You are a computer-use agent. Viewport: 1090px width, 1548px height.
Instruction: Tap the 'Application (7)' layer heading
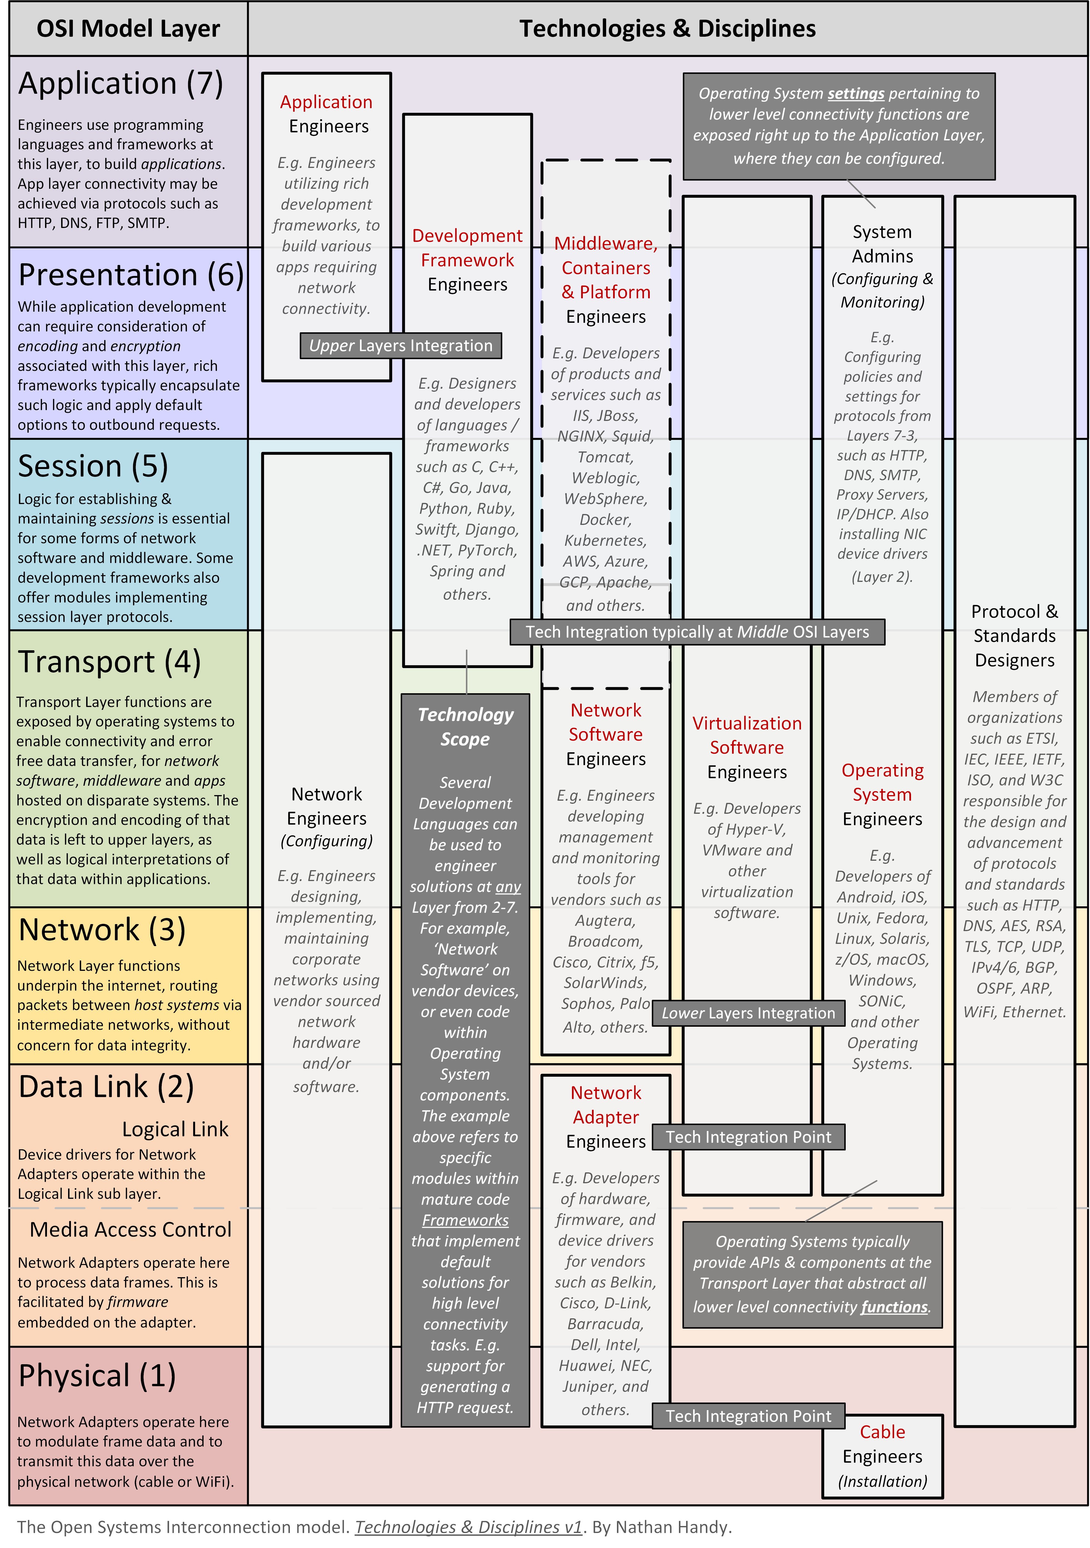coord(120,84)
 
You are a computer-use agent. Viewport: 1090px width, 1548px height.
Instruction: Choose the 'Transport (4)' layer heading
coord(109,662)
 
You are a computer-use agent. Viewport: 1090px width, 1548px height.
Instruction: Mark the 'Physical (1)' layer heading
coord(97,1376)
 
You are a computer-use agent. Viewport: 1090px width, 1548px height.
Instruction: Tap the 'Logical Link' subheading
coord(175,1129)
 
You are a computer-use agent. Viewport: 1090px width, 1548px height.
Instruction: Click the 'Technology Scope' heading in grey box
coord(465,727)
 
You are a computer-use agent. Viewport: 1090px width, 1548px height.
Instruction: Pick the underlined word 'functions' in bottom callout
coord(894,1307)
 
